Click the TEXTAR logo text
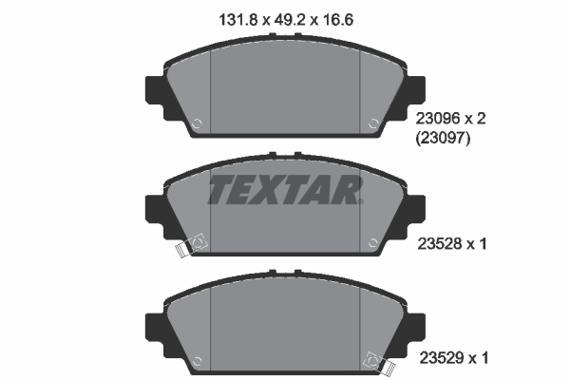284,190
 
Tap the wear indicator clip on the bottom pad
377,361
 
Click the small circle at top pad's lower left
196,123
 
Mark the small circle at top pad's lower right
373,123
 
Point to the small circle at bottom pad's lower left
196,360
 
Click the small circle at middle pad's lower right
373,241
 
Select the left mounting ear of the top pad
153,90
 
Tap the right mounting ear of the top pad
416,90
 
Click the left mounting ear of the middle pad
153,209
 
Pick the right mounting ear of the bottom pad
416,328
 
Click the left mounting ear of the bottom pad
153,328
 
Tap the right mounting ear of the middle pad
416,209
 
